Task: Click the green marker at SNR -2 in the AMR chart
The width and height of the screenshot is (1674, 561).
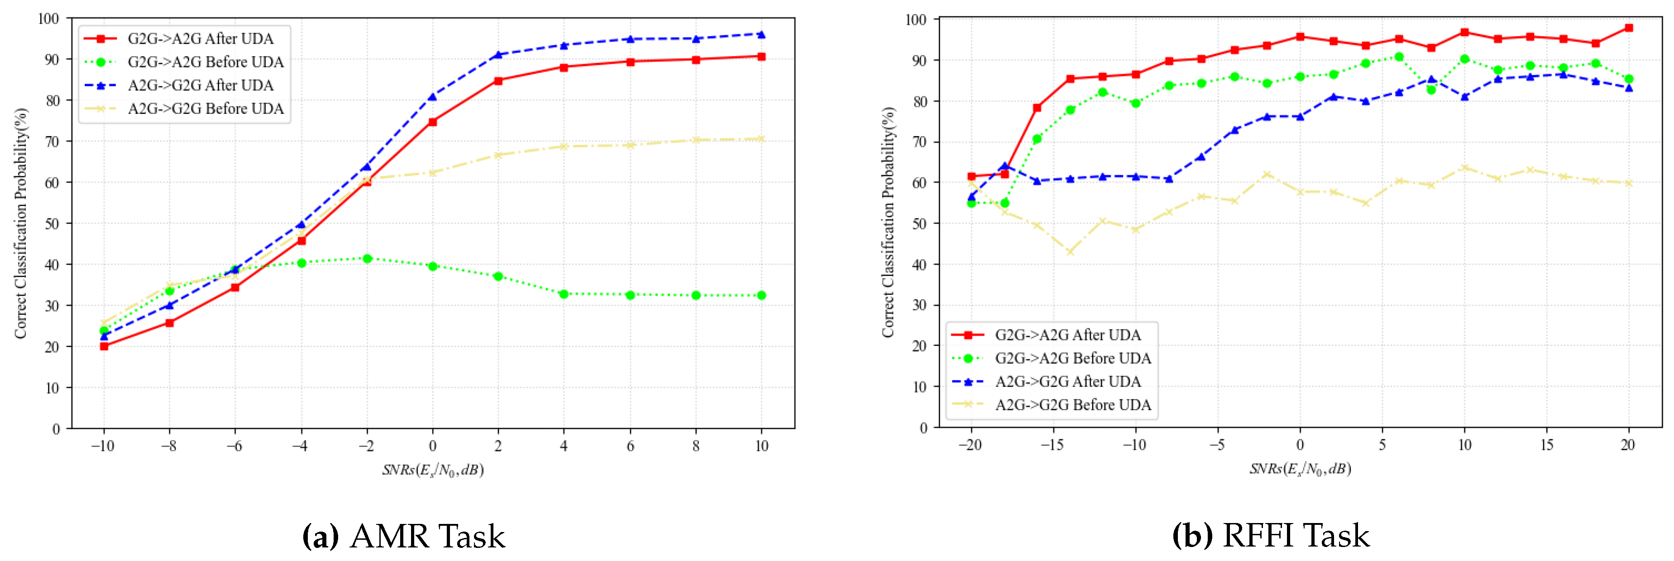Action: [x=367, y=259]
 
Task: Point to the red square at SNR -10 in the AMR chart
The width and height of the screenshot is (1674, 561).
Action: [x=104, y=346]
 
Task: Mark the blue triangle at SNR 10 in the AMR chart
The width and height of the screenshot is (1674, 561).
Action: [x=761, y=34]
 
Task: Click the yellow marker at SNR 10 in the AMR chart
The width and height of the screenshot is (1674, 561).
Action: [x=761, y=139]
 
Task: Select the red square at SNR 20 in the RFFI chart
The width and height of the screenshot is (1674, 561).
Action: [x=1629, y=28]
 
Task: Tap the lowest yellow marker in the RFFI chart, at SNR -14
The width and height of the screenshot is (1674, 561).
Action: [x=1070, y=252]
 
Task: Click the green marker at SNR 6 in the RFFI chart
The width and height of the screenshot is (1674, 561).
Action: [x=1398, y=57]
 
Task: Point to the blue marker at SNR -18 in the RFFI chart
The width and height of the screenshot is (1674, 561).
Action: [x=1004, y=166]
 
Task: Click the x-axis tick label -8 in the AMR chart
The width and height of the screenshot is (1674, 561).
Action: [x=168, y=446]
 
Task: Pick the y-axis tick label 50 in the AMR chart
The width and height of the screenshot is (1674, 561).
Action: [x=52, y=223]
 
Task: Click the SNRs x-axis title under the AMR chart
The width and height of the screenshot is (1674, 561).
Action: [x=432, y=469]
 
